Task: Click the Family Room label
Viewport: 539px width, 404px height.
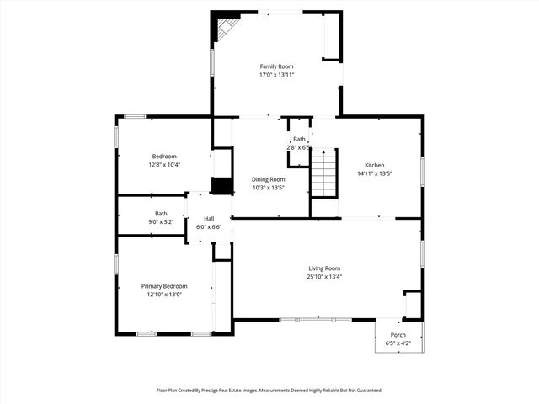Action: (x=276, y=66)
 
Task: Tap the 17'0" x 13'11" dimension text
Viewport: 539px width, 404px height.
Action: (x=276, y=75)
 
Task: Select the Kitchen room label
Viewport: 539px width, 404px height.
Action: (x=375, y=165)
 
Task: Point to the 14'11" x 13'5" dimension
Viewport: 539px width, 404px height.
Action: (x=375, y=173)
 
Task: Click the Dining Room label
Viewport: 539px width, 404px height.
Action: (x=269, y=179)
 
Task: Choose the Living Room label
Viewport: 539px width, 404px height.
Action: (x=324, y=268)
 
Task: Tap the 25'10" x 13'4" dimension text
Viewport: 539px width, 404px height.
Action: (x=324, y=276)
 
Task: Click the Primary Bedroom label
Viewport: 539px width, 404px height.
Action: (x=164, y=286)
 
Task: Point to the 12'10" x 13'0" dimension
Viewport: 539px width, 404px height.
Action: (x=164, y=295)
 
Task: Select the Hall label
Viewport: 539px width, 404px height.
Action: (x=209, y=219)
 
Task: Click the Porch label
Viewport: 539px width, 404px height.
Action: (x=398, y=335)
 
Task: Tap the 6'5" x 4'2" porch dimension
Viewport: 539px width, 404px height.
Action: (x=398, y=343)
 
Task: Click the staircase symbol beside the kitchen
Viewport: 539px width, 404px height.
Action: (x=324, y=172)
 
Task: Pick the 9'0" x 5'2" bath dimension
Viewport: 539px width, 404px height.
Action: (x=161, y=221)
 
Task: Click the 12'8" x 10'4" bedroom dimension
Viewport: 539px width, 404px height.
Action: (x=164, y=165)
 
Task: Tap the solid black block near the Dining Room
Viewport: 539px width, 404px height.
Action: (x=221, y=186)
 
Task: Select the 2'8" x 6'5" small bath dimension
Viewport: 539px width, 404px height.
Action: (x=299, y=147)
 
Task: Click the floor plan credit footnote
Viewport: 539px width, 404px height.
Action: (x=269, y=390)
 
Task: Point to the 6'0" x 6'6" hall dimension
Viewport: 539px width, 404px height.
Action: (x=209, y=227)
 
